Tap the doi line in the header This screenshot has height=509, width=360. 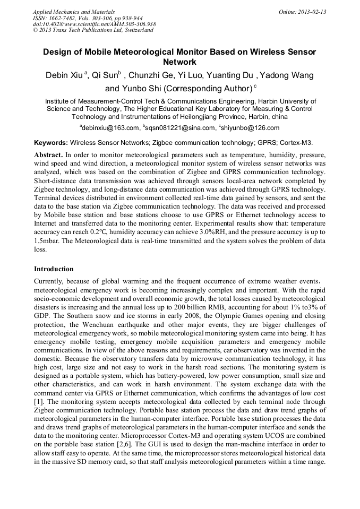[94, 24]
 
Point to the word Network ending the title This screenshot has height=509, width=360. [179, 62]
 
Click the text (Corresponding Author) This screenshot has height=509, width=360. [206, 88]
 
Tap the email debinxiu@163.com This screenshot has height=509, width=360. [110, 128]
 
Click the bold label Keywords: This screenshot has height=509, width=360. [51, 143]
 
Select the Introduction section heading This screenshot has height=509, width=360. [54, 269]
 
